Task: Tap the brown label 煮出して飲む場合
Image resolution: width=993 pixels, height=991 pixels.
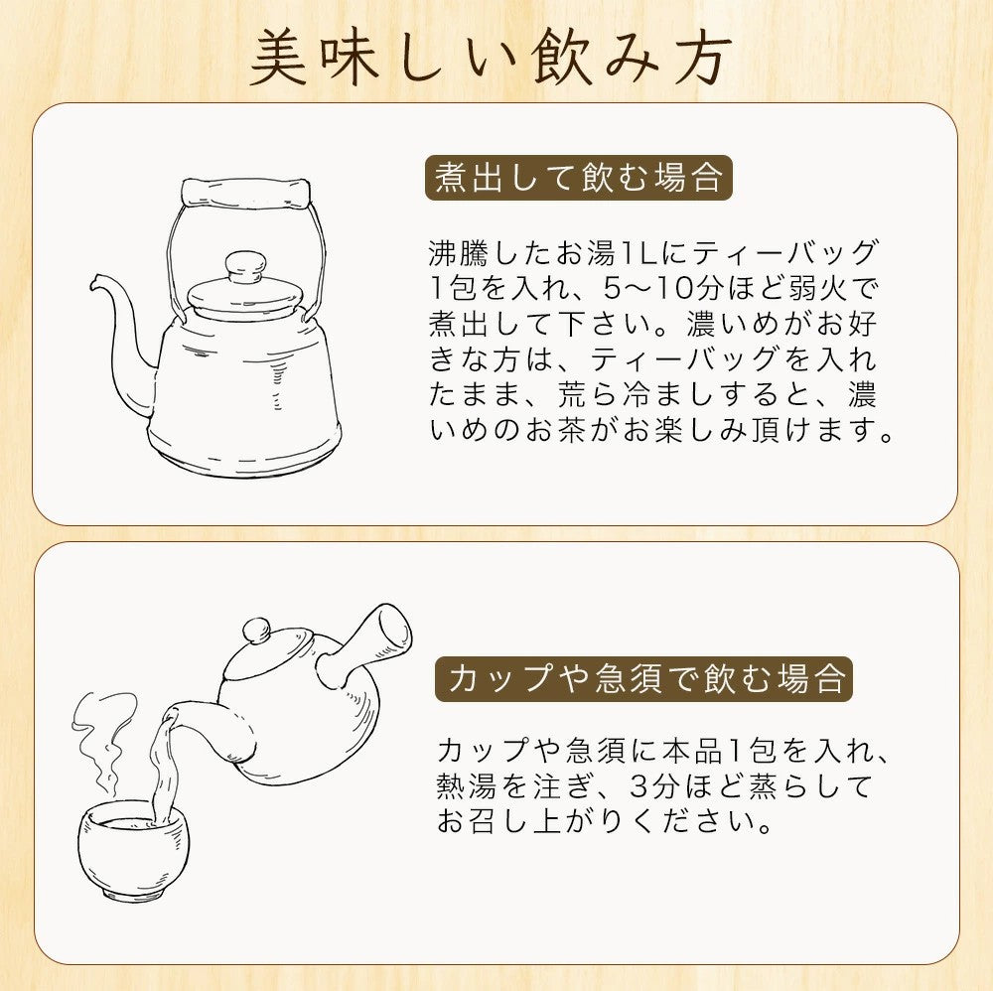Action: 579,180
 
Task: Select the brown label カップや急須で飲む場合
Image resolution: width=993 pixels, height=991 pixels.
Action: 643,680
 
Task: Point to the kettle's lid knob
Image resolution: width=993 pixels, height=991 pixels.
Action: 243,266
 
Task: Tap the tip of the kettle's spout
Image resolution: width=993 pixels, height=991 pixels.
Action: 95,281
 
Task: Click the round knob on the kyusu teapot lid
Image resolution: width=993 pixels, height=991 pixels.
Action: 257,630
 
